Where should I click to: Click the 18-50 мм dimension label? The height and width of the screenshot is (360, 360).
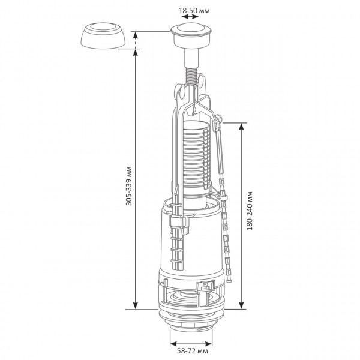click(194, 11)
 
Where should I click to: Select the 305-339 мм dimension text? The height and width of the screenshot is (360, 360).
click(129, 186)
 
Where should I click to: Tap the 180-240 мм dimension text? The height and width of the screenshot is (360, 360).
click(250, 211)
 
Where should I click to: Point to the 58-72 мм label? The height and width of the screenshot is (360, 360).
click(193, 351)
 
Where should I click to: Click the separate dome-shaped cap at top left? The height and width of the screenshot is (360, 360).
click(103, 35)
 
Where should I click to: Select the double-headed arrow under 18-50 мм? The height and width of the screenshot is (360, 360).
click(191, 17)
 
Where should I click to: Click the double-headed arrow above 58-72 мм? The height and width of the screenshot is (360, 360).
click(191, 344)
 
